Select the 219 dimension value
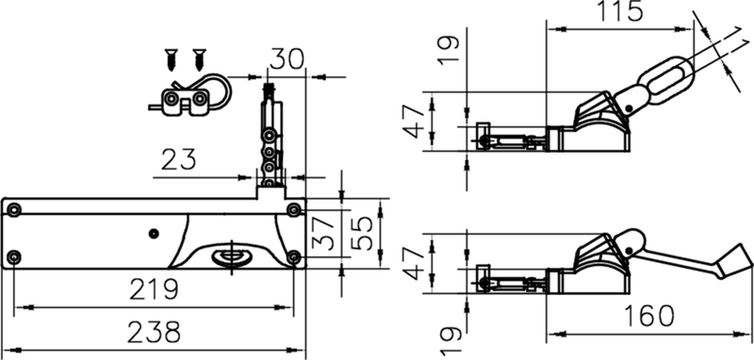(x=155, y=288)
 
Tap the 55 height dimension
(x=363, y=233)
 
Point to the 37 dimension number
(x=323, y=233)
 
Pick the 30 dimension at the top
(x=286, y=59)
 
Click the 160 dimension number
(x=650, y=316)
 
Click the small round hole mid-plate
(x=153, y=232)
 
